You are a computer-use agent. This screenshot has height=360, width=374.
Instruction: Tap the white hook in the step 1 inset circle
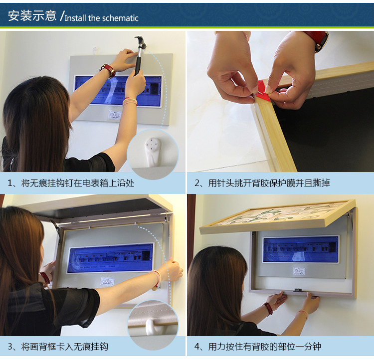152,152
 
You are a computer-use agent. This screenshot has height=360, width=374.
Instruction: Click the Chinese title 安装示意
32,15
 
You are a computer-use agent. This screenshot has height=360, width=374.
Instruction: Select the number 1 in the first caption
10,183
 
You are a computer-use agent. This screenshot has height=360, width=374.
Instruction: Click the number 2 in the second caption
197,183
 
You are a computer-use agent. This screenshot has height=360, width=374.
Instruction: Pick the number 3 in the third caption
10,347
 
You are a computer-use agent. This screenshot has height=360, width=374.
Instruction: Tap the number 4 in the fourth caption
197,347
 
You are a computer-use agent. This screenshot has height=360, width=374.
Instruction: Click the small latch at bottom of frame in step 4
298,290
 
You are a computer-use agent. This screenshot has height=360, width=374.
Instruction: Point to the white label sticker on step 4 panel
299,271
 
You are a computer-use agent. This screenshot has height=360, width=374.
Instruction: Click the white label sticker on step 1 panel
115,115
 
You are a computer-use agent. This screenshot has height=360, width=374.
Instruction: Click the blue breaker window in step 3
111,258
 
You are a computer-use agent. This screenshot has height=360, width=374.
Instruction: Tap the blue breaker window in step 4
301,249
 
